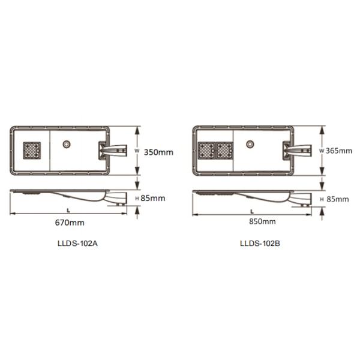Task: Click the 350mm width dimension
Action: (x=158, y=152)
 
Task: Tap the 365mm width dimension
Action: (x=339, y=151)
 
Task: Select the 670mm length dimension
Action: (x=70, y=223)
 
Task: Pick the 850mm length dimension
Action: (x=262, y=221)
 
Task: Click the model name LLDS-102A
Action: (x=77, y=244)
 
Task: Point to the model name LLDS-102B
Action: (x=260, y=244)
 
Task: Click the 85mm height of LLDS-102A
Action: (x=153, y=199)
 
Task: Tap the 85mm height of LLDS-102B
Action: (x=338, y=199)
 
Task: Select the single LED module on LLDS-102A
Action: (x=32, y=151)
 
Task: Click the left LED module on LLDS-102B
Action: (x=206, y=151)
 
